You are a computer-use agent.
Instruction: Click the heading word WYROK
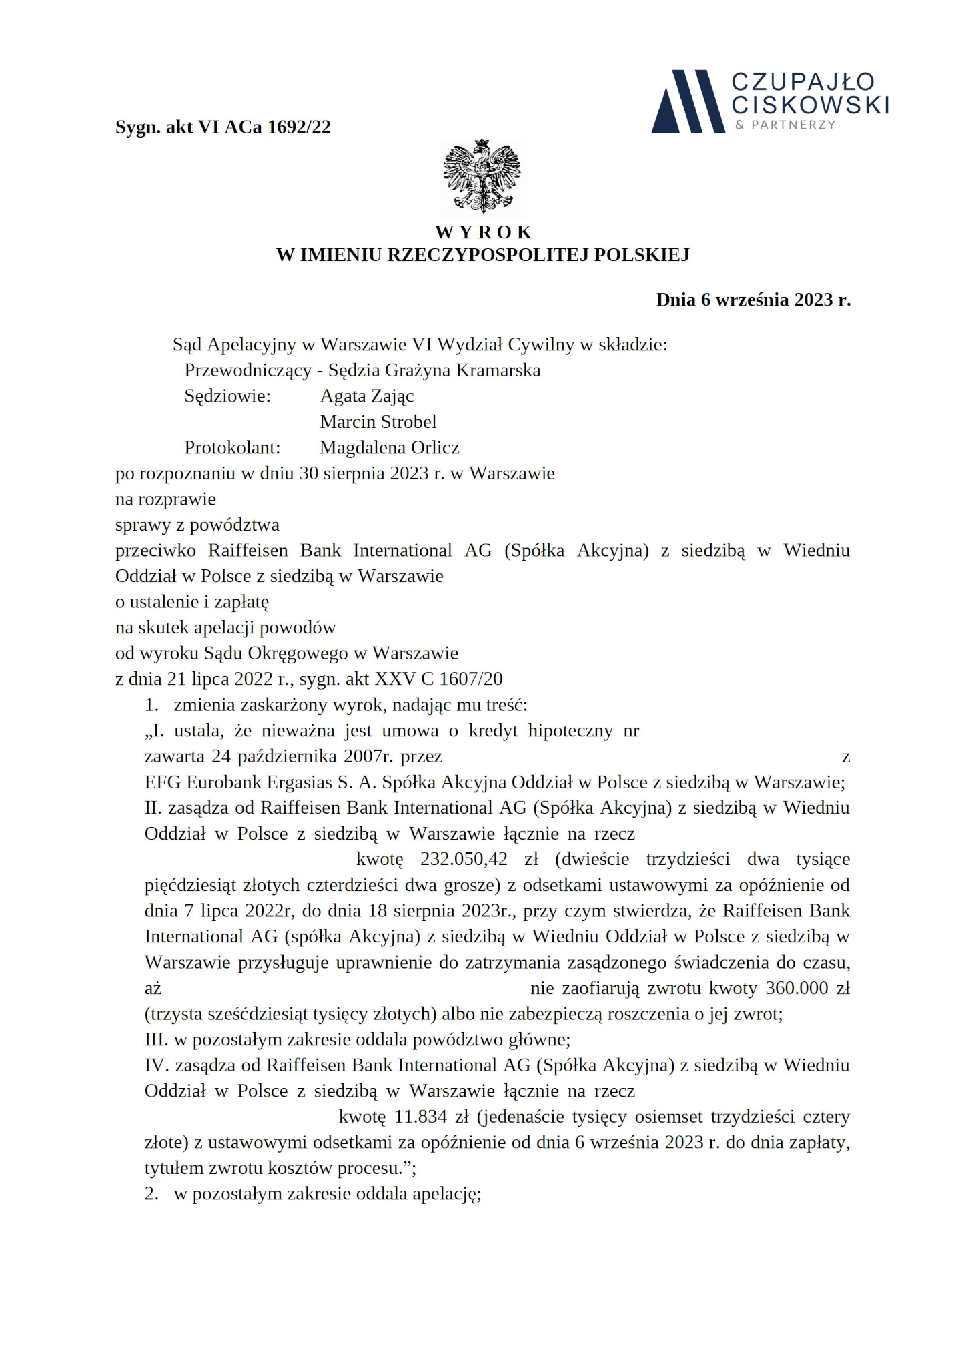click(484, 232)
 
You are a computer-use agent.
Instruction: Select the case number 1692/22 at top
click(299, 127)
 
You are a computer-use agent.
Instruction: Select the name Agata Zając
click(367, 396)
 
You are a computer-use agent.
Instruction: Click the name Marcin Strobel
click(378, 422)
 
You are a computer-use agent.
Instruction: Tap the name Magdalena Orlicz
click(390, 447)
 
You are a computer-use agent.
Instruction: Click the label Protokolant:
click(232, 447)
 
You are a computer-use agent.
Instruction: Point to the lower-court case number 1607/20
click(476, 679)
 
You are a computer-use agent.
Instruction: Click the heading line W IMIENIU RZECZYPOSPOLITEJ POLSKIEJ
click(483, 255)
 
